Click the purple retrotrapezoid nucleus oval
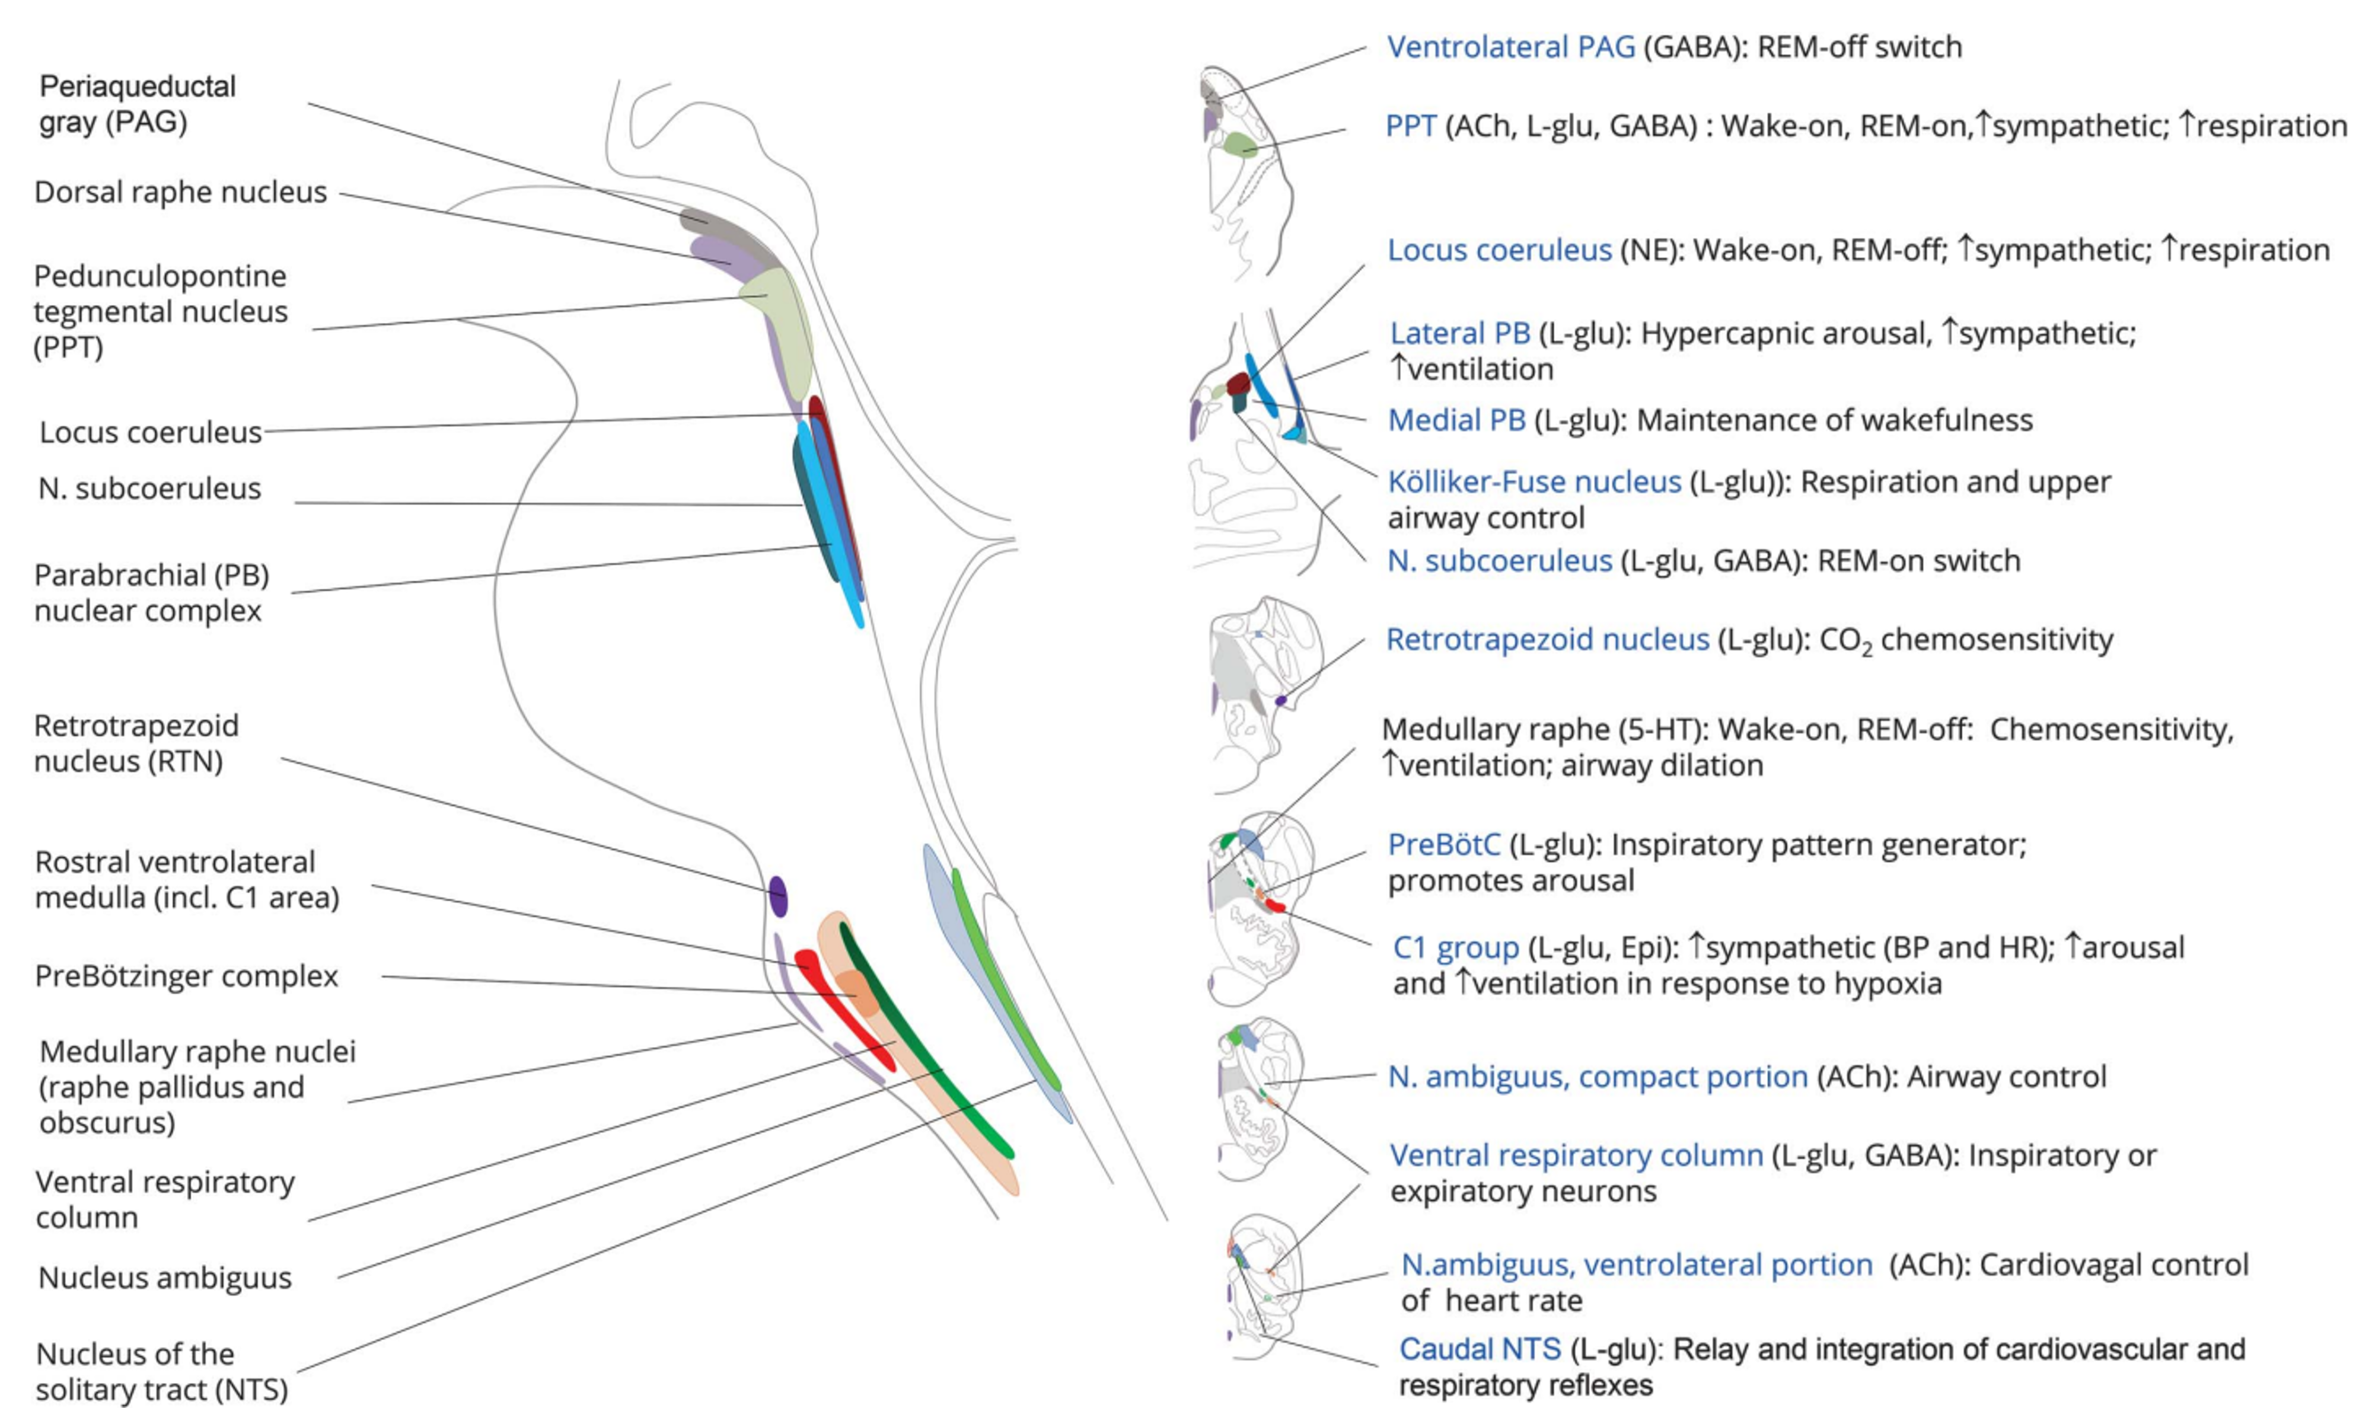tap(778, 896)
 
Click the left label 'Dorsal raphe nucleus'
tap(180, 193)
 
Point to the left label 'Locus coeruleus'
tap(150, 433)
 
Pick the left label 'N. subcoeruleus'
tap(149, 489)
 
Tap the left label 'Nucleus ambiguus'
tap(165, 1278)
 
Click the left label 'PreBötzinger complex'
tap(186, 976)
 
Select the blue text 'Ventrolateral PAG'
tap(1510, 47)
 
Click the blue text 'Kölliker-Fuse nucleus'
tap(1534, 482)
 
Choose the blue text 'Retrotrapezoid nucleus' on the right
tap(1548, 640)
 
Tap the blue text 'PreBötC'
tap(1444, 844)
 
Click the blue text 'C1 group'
tap(1456, 947)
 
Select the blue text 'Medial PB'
tap(1456, 420)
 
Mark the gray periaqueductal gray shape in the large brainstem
tap(707, 224)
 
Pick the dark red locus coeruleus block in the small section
tap(1238, 384)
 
